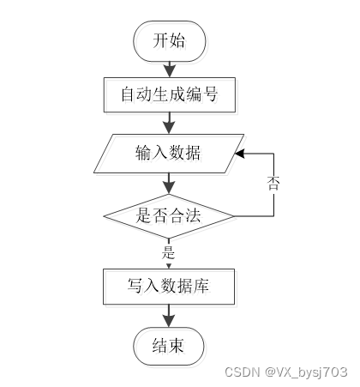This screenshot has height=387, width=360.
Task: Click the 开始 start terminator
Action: coord(170,41)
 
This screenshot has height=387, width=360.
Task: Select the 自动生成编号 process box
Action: coord(170,94)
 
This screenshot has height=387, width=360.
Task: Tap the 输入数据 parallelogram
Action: coord(169,154)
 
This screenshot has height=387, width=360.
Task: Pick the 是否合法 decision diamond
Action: coord(169,216)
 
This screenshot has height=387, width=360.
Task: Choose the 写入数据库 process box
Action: coord(169,287)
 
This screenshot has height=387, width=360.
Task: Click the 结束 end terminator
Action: coord(169,346)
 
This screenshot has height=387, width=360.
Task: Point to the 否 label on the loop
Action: coord(273,183)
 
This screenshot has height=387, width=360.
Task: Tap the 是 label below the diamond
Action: coord(168,252)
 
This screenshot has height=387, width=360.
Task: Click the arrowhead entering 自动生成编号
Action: coord(170,71)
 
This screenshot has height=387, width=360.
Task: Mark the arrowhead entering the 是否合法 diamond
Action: coord(169,188)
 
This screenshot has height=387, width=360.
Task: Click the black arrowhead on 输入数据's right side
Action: coord(240,154)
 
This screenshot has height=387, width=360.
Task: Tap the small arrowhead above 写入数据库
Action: coord(169,266)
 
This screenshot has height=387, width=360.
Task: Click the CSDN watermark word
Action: coord(243,372)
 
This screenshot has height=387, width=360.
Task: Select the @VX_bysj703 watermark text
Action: coord(306,372)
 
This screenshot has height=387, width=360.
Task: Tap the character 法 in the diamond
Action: coord(193,215)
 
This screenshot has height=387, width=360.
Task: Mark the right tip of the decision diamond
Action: coord(234,216)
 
